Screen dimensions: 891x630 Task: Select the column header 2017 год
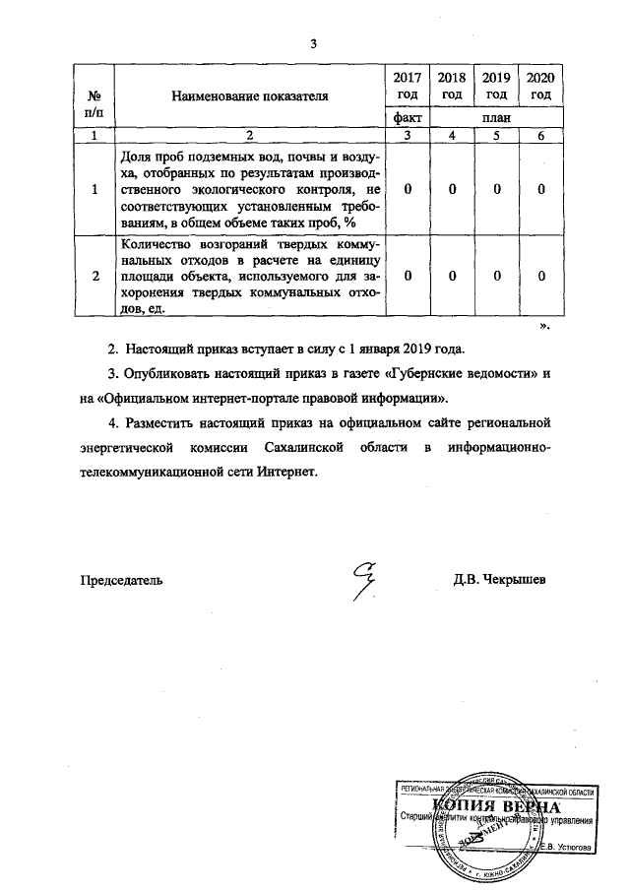pos(408,86)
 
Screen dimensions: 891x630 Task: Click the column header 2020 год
pos(540,86)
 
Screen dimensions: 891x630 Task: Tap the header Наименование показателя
pos(248,96)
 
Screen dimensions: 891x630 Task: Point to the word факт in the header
pos(408,118)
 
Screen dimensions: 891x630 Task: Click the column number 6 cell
pos(540,136)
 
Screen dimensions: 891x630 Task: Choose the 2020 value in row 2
pos(540,278)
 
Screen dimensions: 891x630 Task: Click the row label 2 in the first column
pos(96,278)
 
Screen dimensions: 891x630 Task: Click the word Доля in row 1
pos(135,157)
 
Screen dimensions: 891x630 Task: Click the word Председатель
pos(121,580)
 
